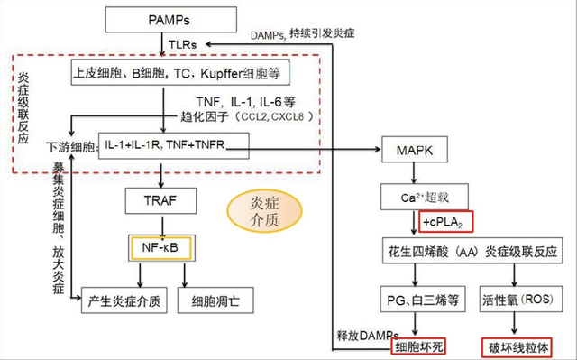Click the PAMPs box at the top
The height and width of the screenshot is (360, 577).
point(163,18)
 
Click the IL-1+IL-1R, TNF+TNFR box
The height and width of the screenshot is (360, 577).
point(161,146)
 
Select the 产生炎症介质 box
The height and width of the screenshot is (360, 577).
point(124,300)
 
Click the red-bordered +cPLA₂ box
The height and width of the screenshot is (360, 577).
point(446,222)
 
